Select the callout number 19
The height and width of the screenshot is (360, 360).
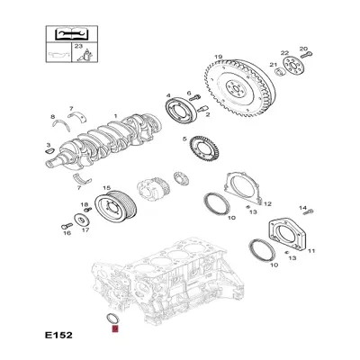click(217, 58)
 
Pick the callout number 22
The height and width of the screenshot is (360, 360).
click(284, 55)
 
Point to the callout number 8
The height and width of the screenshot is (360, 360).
click(53, 117)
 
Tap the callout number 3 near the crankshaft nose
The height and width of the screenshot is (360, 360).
click(48, 145)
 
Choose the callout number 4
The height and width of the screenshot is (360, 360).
click(168, 96)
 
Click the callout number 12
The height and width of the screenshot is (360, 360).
click(267, 204)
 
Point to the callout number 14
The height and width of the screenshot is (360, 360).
click(304, 208)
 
